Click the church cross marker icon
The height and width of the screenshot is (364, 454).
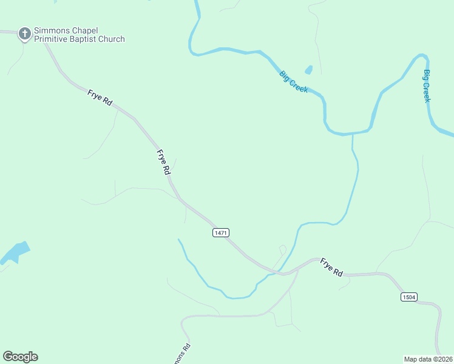click(x=25, y=34)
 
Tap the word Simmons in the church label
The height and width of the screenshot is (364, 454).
click(x=51, y=30)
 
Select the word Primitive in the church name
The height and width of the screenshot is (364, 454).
click(x=52, y=39)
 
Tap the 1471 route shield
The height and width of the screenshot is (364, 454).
click(x=221, y=233)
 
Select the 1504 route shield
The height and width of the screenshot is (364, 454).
click(x=408, y=297)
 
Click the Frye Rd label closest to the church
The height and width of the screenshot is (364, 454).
click(x=100, y=98)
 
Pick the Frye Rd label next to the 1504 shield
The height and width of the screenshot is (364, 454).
click(x=331, y=268)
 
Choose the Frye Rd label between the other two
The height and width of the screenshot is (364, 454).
click(x=163, y=163)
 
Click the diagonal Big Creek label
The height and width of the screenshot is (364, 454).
click(x=294, y=82)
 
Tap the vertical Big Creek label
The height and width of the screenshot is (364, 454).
click(x=427, y=86)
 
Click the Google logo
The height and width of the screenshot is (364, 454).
click(x=20, y=357)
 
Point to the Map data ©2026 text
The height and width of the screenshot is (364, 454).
click(x=428, y=359)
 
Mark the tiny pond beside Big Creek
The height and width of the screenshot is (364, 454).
click(x=308, y=70)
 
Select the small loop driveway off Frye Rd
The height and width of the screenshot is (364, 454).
click(x=282, y=249)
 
